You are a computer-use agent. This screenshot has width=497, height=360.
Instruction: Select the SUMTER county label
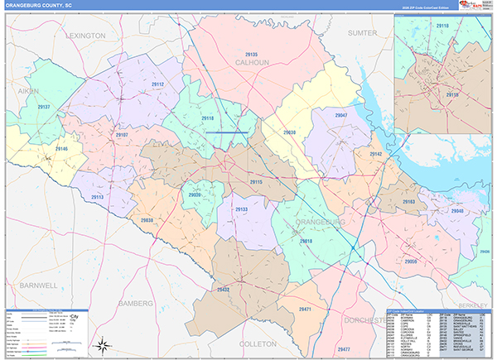(362, 33)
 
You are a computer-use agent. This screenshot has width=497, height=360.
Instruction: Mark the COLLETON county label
(258, 342)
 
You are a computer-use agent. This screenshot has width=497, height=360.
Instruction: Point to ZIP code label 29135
(251, 54)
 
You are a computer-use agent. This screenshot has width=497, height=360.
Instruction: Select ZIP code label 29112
(157, 84)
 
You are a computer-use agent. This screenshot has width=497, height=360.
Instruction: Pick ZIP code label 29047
(340, 115)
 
